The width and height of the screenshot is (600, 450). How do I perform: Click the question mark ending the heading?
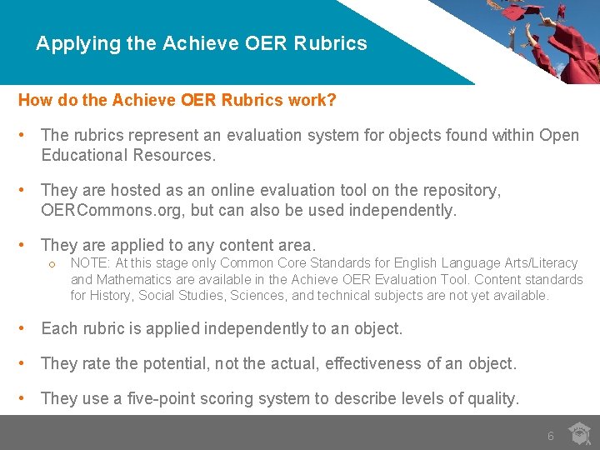click(332, 101)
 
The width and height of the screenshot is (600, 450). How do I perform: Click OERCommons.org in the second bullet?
click(112, 210)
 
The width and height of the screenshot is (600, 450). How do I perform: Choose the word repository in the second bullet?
click(460, 190)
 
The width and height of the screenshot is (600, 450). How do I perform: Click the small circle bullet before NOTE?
click(52, 264)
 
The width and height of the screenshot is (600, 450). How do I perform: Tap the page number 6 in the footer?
click(550, 436)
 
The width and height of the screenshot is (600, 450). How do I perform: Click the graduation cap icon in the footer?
click(579, 433)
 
